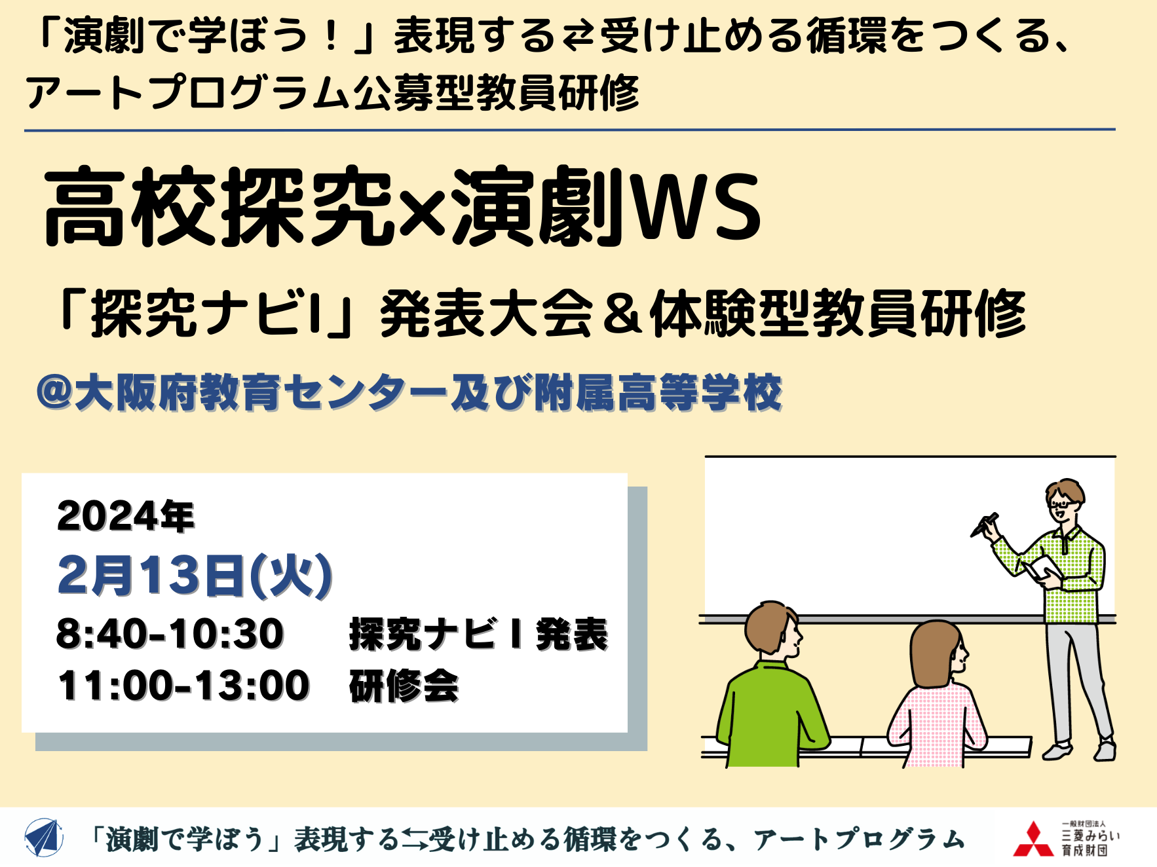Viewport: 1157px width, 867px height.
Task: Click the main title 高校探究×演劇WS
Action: (402, 207)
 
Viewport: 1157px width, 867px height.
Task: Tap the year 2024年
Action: (126, 516)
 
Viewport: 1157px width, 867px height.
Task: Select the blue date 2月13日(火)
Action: (195, 576)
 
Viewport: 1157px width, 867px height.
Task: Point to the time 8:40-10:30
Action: (170, 634)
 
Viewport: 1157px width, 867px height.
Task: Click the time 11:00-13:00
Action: (183, 686)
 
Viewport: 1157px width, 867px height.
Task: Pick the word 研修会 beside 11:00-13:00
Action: (404, 686)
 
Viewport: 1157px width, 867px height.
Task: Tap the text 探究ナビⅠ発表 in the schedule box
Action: (478, 634)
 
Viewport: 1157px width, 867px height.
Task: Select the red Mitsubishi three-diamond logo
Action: (1033, 839)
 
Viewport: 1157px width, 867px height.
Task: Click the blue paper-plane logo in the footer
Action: (43, 838)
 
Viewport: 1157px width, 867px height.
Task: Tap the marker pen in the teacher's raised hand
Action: (985, 525)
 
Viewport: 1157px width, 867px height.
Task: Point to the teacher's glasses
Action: (1061, 504)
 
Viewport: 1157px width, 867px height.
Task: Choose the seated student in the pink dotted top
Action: (937, 694)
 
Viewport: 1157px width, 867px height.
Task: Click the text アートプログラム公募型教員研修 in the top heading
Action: (332, 92)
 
